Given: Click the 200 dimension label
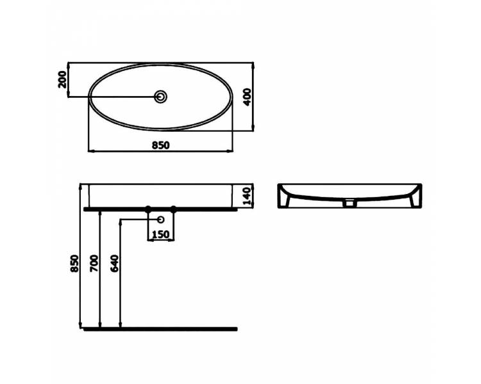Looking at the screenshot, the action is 62,79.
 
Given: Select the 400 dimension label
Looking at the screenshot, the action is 248,97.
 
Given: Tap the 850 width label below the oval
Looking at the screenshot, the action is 161,145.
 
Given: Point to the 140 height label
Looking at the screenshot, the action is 248,196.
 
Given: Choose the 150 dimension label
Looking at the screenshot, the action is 161,234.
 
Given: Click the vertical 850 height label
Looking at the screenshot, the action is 74,263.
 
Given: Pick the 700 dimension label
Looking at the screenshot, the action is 94,263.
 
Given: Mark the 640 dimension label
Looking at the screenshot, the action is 114,263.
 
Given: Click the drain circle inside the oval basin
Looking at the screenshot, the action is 161,97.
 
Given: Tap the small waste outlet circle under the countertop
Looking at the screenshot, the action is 160,220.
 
